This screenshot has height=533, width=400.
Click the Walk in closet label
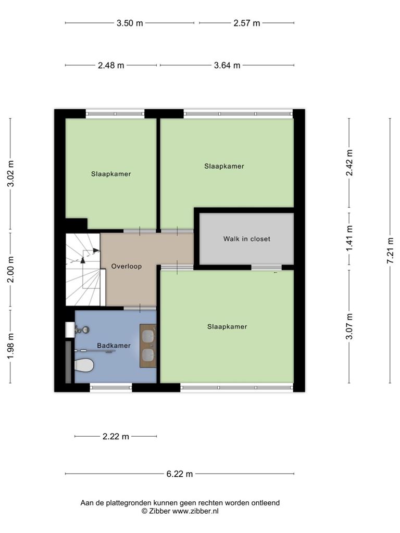coord(246,239)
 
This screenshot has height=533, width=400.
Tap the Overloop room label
coord(127,266)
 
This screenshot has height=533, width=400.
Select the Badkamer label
coord(114,346)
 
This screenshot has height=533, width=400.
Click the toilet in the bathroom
coord(84,366)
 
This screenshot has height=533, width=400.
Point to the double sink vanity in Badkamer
coord(148,346)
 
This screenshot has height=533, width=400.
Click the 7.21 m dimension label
coord(391,250)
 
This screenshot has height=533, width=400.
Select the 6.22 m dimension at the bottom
coord(180,474)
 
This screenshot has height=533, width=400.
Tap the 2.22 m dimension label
coord(116,437)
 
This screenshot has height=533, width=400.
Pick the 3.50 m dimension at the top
coord(130,23)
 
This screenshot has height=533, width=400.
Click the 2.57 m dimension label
coord(246,23)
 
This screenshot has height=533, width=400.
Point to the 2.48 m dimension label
coord(111,65)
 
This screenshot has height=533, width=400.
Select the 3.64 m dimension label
coord(227,65)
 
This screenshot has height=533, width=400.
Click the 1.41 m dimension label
coord(349,238)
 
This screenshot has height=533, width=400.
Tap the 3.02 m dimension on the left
coord(11,173)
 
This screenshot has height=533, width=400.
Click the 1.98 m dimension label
coord(11,346)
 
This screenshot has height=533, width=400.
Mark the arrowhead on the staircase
coord(96,250)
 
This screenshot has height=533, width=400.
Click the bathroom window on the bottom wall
coord(111,387)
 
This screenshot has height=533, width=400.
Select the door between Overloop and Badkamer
coord(140,308)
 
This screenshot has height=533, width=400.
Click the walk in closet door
coord(266,268)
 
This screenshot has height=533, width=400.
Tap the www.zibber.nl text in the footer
coord(195,511)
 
